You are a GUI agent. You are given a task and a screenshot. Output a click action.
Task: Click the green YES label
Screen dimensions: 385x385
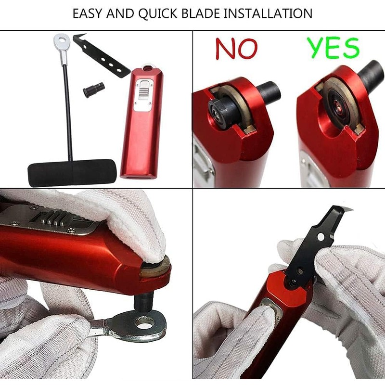(x=333, y=48)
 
